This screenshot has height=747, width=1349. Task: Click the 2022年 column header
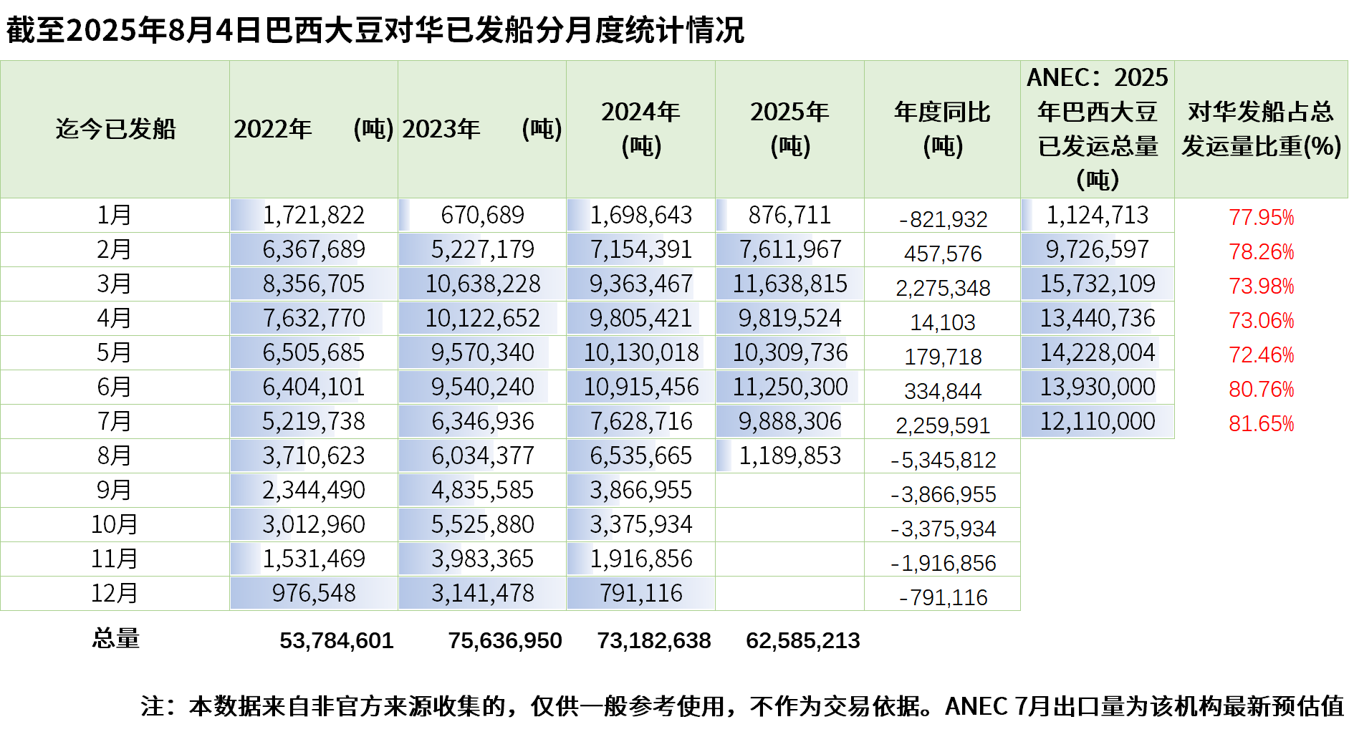coord(313,129)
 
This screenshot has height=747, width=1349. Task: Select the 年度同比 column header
coord(942,129)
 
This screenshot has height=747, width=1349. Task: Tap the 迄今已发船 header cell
coord(115,129)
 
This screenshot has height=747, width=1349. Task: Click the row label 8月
coord(115,456)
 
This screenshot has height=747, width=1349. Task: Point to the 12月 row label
coord(115,593)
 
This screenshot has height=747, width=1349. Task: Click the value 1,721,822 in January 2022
coord(313,215)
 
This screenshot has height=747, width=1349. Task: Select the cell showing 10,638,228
coord(482,284)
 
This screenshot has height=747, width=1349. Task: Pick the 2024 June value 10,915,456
coord(640,387)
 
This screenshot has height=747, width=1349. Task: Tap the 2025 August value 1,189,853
coord(789,456)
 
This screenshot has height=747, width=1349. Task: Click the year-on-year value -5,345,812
coord(943,460)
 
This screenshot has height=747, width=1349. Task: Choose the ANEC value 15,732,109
coord(1098,284)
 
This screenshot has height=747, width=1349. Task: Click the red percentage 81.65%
coord(1261,424)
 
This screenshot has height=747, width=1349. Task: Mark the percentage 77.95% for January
coord(1261,217)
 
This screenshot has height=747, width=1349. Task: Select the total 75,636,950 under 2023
coord(504,640)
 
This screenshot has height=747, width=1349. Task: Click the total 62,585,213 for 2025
coord(802,640)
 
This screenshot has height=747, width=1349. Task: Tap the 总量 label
coord(115,638)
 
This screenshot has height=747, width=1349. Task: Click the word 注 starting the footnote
coord(153,706)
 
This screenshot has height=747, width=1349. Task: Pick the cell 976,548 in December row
coord(313,593)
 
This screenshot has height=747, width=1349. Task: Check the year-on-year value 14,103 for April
coord(943,322)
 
